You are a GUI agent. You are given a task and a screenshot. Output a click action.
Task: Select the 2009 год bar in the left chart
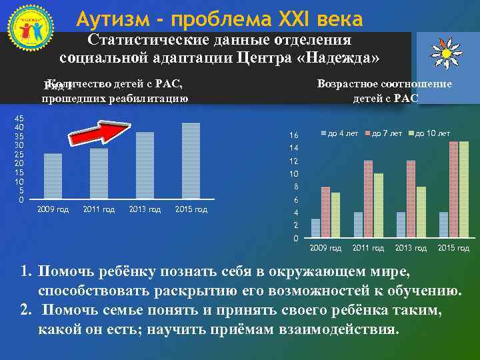(x=53, y=177)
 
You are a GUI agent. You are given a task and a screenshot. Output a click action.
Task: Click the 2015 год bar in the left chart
(x=191, y=161)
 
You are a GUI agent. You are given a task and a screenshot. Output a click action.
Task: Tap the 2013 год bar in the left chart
(x=145, y=166)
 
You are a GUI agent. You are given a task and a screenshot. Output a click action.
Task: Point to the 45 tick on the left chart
(x=19, y=118)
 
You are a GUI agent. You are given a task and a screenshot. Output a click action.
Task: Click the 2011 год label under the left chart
(x=99, y=210)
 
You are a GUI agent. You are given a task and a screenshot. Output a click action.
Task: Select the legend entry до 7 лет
(x=383, y=134)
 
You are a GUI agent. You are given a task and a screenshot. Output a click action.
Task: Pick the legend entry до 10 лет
(x=429, y=134)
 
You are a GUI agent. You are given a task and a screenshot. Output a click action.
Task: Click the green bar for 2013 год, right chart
(x=421, y=212)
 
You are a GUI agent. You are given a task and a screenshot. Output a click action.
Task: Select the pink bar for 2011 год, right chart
(x=369, y=199)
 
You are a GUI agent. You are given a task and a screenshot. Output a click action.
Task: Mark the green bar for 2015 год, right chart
(x=464, y=190)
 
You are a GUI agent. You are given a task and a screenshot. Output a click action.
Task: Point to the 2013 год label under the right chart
(x=411, y=248)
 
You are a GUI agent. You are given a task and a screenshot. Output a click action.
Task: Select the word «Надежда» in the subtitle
(x=343, y=57)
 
